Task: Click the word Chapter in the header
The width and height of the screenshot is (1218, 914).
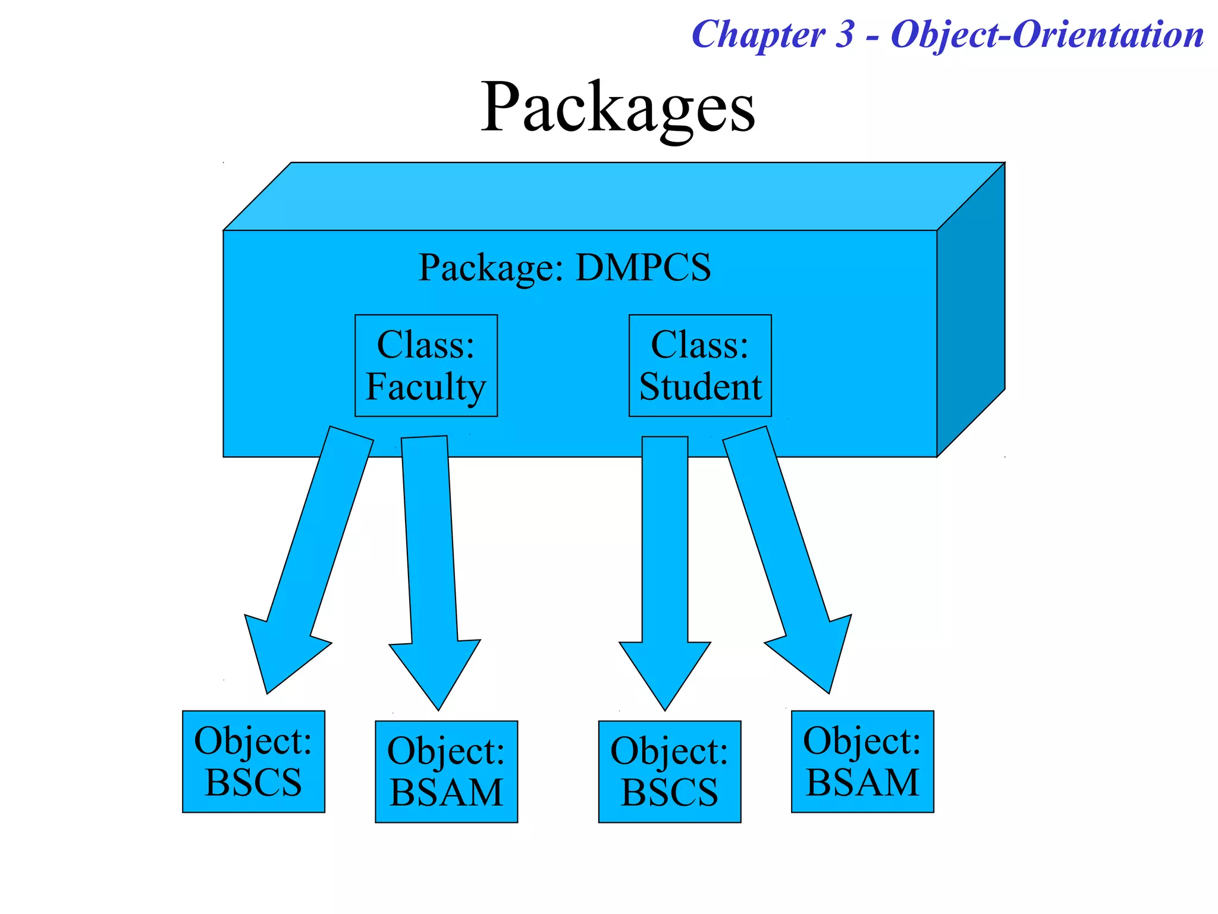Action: point(759,35)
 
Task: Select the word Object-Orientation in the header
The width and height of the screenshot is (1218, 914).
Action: point(1047,35)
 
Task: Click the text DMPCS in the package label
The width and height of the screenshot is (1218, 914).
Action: point(643,267)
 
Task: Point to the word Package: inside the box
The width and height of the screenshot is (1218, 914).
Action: point(491,267)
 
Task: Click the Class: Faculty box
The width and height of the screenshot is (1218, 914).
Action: point(426,365)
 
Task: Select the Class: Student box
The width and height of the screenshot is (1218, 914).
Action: point(700,365)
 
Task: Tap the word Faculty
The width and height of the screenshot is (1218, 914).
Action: point(426,387)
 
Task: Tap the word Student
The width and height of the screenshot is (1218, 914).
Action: point(700,387)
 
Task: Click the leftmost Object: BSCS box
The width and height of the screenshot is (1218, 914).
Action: point(253,761)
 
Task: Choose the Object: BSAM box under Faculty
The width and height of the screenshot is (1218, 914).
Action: point(446,771)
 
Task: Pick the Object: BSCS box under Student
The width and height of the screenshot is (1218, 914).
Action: point(669,771)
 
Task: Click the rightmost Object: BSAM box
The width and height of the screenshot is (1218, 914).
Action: point(862,761)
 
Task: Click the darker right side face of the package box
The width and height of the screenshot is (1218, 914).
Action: point(971,309)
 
